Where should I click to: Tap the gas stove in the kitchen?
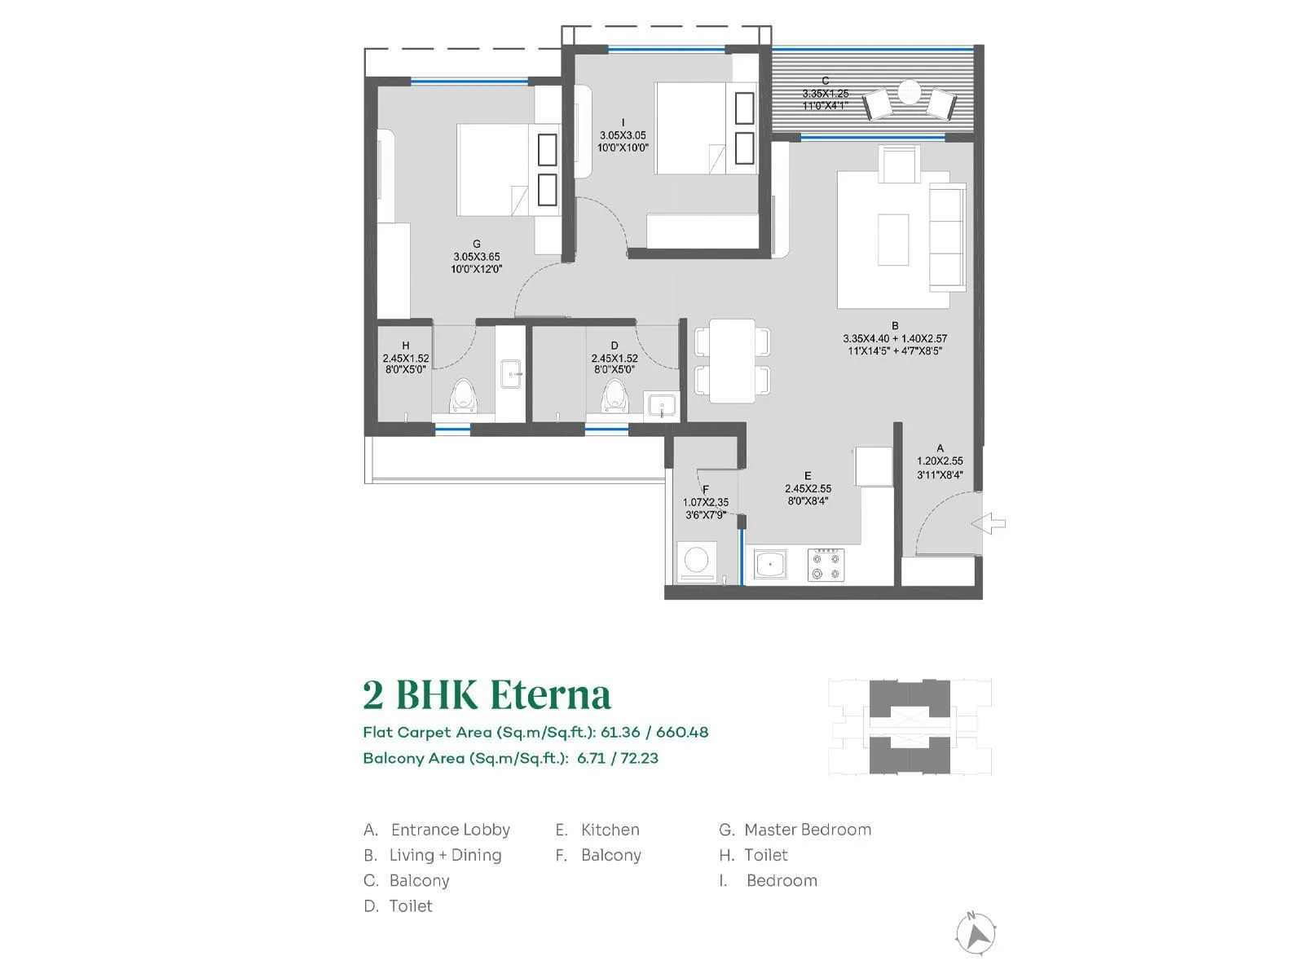click(x=826, y=565)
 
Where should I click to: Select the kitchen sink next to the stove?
click(x=770, y=564)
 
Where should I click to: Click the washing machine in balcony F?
click(x=697, y=562)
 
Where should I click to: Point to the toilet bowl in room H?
click(x=463, y=397)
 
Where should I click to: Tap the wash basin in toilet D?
click(x=660, y=405)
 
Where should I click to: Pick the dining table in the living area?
click(x=732, y=360)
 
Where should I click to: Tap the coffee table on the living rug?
click(x=893, y=239)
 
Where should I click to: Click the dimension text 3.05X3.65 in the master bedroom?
click(x=477, y=257)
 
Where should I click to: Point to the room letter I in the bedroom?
click(x=623, y=123)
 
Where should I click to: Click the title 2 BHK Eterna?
click(x=487, y=695)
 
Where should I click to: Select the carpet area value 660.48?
click(x=682, y=732)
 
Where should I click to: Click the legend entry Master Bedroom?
click(x=807, y=830)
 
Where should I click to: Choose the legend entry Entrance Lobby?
click(x=450, y=830)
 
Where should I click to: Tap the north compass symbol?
click(x=976, y=934)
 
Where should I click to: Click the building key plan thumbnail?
click(x=910, y=726)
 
